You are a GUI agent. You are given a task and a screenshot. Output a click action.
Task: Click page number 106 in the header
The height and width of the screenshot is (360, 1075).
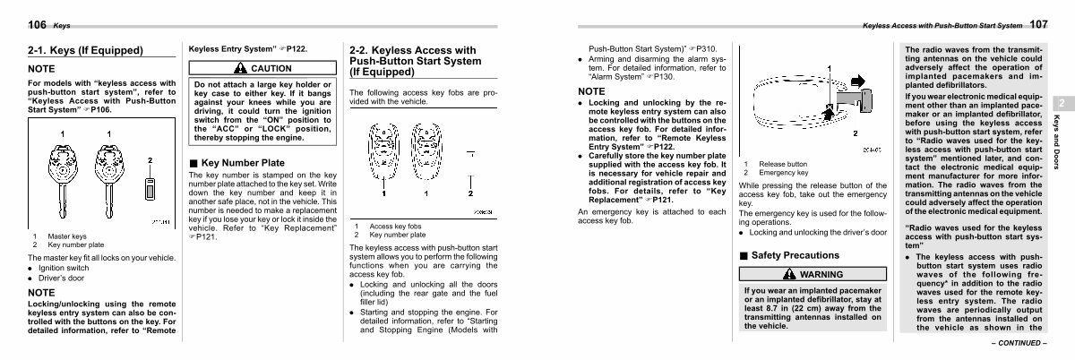click(x=37, y=25)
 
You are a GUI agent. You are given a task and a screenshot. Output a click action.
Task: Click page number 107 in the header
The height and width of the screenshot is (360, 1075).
click(x=1038, y=24)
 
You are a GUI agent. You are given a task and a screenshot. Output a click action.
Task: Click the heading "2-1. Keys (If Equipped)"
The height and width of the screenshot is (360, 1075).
click(x=85, y=50)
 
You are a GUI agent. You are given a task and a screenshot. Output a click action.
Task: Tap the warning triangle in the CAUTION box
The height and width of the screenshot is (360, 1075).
click(x=240, y=68)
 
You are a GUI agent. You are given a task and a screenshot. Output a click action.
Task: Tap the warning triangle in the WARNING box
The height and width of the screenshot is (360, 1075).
click(x=789, y=274)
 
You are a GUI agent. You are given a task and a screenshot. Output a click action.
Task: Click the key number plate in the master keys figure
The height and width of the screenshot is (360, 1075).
click(x=150, y=189)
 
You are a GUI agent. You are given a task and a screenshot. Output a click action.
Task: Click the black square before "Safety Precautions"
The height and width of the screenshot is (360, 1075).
click(x=744, y=256)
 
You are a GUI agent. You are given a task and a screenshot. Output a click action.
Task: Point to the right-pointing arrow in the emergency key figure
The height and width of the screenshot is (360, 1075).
click(x=857, y=81)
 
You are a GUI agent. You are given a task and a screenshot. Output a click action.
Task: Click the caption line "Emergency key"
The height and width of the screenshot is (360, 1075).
click(x=784, y=173)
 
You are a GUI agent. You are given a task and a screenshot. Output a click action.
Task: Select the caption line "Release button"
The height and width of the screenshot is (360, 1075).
click(x=783, y=164)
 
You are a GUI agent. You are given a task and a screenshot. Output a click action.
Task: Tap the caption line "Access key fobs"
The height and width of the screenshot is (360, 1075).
click(x=395, y=226)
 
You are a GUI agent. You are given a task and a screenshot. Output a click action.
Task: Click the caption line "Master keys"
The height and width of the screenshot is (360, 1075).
click(x=67, y=236)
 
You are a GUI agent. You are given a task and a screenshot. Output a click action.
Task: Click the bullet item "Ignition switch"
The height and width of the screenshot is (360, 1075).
click(x=64, y=268)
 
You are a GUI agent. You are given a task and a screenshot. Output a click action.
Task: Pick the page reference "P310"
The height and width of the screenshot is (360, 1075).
click(x=707, y=49)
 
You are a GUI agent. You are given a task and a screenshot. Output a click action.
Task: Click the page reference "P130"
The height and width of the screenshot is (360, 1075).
click(x=664, y=77)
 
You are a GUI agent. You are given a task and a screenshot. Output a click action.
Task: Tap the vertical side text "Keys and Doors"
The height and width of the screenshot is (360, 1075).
click(x=1056, y=141)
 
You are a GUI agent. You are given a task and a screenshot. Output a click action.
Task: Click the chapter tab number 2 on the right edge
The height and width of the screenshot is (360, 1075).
click(x=1062, y=103)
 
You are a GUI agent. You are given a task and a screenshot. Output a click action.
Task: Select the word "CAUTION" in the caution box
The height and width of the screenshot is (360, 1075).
click(x=271, y=68)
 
